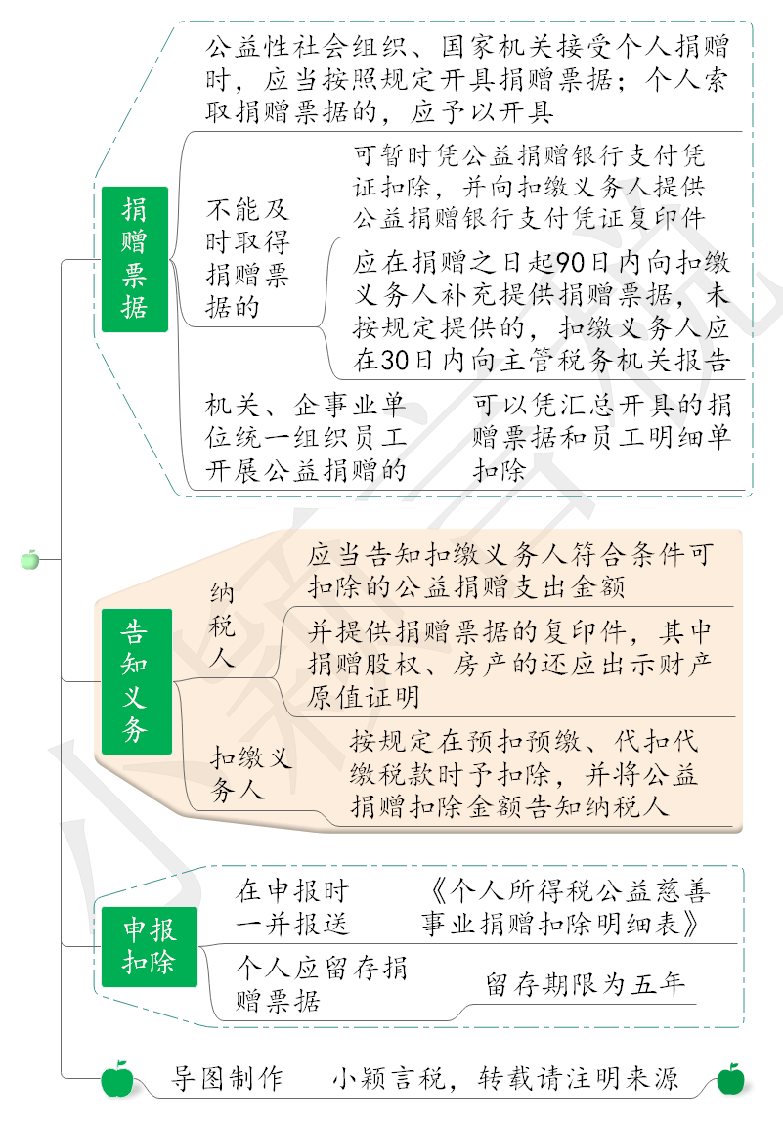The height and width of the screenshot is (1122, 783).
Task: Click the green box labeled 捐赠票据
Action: (x=135, y=259)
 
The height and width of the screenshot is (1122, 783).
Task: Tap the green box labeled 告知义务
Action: (x=137, y=681)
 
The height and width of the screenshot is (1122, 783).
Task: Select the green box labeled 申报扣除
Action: (x=149, y=947)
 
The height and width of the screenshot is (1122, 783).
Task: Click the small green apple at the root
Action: (x=30, y=560)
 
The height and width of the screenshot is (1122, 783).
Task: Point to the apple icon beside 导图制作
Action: (x=117, y=1079)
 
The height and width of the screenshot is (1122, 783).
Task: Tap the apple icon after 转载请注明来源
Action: (x=731, y=1079)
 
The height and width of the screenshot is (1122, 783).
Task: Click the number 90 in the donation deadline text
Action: (x=571, y=263)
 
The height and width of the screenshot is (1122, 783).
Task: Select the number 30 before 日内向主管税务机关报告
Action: (x=394, y=360)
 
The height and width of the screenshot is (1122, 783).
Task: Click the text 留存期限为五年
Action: (x=585, y=984)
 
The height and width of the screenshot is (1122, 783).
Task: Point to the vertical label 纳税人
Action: (x=222, y=626)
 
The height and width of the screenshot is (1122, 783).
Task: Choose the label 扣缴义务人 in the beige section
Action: (x=250, y=773)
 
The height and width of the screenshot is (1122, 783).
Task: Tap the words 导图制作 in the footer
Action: (x=227, y=1078)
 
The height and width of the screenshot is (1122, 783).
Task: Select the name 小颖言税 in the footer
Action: (x=389, y=1078)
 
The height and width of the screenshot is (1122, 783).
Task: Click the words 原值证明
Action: (x=364, y=697)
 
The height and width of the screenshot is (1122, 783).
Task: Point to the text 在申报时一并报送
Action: (x=292, y=907)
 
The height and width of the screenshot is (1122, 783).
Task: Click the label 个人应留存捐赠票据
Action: (x=322, y=984)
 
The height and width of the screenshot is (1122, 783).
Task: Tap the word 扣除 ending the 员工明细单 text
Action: (x=500, y=470)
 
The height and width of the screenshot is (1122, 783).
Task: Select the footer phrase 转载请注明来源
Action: (x=579, y=1078)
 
